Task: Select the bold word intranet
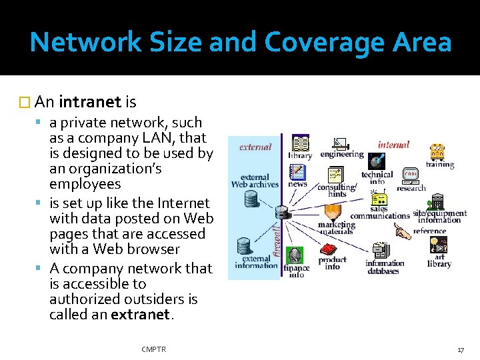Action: [x=90, y=102]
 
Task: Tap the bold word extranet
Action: [x=139, y=315]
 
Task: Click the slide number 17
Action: [x=460, y=349]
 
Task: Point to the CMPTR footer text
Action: [x=154, y=349]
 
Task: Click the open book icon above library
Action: [x=300, y=143]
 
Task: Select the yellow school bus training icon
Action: [x=437, y=153]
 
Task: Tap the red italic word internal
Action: [x=393, y=144]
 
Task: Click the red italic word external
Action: [x=255, y=147]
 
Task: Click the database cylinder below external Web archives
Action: [x=251, y=198]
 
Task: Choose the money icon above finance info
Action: [x=295, y=256]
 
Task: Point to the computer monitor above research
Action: [x=411, y=175]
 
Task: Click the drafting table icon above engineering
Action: [x=341, y=143]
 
